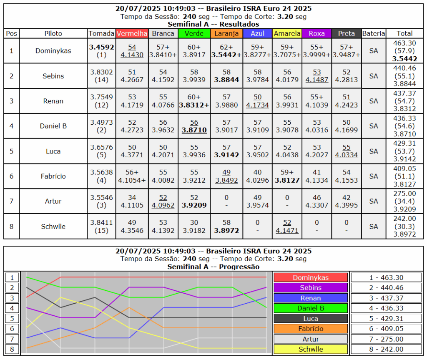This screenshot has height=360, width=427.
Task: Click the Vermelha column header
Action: tap(132, 33)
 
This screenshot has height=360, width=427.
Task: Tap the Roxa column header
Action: tap(316, 33)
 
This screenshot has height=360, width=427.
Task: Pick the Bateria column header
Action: tap(373, 33)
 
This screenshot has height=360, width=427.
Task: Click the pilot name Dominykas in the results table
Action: tap(53, 51)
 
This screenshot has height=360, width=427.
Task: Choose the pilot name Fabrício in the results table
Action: tap(53, 176)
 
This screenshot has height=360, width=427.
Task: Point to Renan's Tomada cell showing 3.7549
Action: tap(102, 101)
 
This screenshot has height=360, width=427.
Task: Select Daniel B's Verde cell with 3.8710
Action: tap(194, 126)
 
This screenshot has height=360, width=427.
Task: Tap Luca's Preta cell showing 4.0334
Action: tap(347, 151)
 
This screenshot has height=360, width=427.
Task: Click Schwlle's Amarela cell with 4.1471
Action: tap(287, 227)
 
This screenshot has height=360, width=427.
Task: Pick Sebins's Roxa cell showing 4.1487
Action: tap(316, 76)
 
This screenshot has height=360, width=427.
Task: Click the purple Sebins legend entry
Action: tap(311, 288)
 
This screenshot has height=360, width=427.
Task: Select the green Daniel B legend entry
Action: tap(311, 308)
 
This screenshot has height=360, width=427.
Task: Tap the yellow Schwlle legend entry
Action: tap(311, 349)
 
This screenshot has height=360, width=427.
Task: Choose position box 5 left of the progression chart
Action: tap(13, 318)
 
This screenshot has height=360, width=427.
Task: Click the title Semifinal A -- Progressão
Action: tap(213, 267)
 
